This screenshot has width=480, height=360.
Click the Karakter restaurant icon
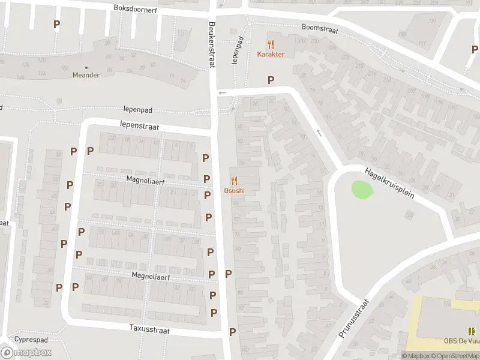click(271, 44)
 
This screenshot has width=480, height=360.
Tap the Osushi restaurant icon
click(234, 181)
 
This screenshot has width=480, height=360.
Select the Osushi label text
click(234, 191)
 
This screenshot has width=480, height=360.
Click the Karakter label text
click(271, 55)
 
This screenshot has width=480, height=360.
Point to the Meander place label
click(86, 75)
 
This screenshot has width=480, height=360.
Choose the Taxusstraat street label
click(149, 330)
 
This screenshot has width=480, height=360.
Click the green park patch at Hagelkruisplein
click(362, 190)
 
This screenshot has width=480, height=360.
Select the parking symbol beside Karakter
click(271, 80)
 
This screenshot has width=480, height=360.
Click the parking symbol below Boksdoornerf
click(57, 25)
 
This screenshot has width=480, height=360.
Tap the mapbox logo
click(26, 352)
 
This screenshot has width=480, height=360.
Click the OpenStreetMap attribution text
click(455, 356)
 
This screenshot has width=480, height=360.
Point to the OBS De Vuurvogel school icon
click(471, 331)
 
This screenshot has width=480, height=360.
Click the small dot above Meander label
click(86, 67)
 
